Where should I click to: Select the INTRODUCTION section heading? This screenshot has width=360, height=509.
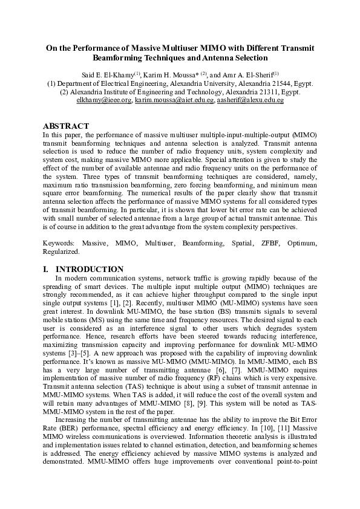(x=90, y=269)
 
